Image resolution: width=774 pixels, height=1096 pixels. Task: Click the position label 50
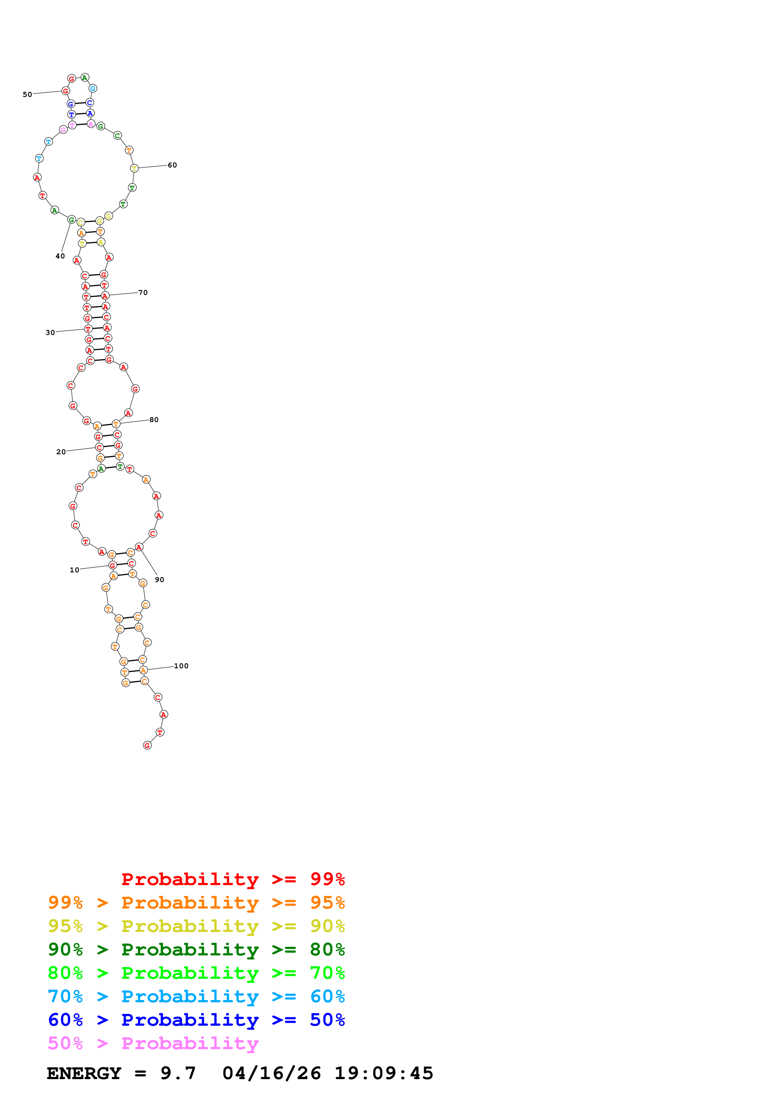(x=27, y=95)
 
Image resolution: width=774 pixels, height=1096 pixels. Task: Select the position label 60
(x=172, y=165)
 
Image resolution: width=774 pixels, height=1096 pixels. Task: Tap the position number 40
(x=60, y=256)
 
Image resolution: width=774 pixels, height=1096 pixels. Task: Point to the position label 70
(x=143, y=293)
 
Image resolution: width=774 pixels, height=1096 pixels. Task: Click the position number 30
(x=50, y=333)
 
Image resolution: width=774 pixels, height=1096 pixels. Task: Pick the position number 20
(x=61, y=452)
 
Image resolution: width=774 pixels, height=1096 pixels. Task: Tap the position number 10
(x=74, y=570)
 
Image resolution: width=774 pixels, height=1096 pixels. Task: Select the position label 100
(x=181, y=666)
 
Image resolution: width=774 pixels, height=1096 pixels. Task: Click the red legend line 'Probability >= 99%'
(x=233, y=879)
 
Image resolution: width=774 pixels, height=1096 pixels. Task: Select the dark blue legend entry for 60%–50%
(x=196, y=1020)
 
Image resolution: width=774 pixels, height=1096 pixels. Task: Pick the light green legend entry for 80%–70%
(x=196, y=973)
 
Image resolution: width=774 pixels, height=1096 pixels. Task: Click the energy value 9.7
(x=178, y=1073)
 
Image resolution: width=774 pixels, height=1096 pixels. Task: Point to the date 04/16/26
(x=271, y=1073)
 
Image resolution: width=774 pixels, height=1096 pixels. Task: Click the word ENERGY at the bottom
(x=84, y=1073)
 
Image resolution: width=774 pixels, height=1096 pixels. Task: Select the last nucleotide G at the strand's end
(x=147, y=746)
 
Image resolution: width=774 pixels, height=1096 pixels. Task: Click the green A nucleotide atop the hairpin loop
(x=85, y=77)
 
